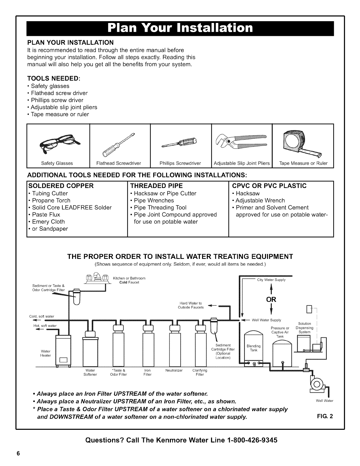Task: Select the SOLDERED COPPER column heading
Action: click(x=60, y=186)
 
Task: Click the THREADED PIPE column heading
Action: click(x=156, y=186)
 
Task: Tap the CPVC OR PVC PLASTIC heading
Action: click(x=269, y=186)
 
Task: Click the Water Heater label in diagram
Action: click(x=46, y=353)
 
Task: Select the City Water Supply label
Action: click(x=271, y=280)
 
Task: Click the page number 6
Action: click(x=18, y=453)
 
